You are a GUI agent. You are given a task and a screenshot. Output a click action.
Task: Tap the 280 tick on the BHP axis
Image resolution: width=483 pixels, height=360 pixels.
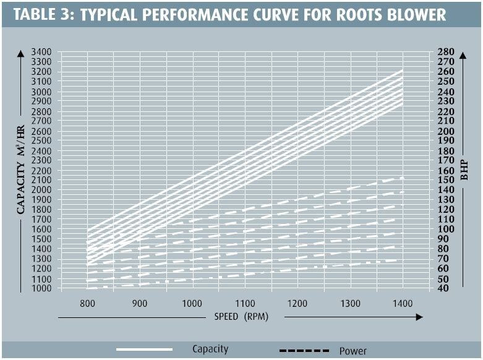pos(447,52)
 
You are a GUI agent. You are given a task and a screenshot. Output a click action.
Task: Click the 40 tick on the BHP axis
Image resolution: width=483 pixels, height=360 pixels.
pos(447,288)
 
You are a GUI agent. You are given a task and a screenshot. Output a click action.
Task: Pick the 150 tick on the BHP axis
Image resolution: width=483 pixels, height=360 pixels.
pos(447,180)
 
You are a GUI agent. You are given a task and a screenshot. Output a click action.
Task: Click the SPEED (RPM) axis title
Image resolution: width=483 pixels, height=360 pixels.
pos(241,317)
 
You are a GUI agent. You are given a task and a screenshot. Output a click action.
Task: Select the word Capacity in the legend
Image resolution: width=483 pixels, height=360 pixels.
pos(210,349)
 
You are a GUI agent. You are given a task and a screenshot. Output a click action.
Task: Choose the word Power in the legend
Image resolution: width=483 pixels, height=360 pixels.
pos(353,351)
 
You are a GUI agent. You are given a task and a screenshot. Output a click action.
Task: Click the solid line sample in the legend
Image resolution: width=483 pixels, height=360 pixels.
pos(143,349)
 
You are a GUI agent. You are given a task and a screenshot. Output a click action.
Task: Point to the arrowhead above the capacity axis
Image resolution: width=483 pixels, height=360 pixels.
pos(21,53)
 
